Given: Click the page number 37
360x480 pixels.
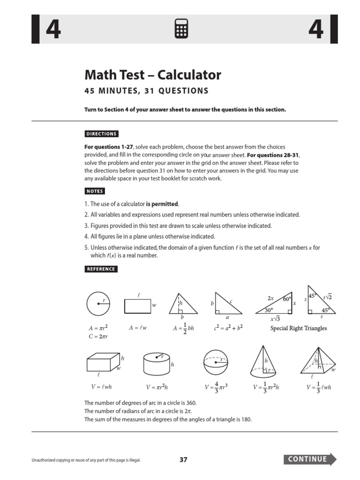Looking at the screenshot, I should tap(183, 460).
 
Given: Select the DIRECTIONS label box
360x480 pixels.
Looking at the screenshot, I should tap(101, 134).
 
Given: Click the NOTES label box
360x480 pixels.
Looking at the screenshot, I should tap(95, 191).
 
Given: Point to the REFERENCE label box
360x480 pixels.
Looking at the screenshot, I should tap(101, 269).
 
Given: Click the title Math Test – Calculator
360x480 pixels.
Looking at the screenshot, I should tap(152, 75).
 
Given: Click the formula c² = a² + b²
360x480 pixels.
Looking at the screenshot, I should tap(228, 328).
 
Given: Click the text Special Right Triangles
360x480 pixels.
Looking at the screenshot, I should tap(299, 328).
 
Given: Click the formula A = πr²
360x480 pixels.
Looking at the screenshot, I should tap(98, 328).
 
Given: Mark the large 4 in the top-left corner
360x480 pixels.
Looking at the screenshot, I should tap(52, 30).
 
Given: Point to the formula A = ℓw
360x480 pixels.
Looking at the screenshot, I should tap(138, 328).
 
